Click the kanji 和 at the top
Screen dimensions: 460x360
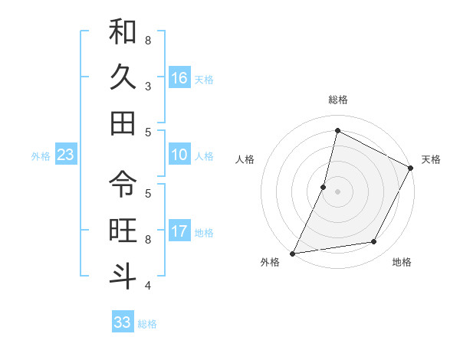tap(123, 33)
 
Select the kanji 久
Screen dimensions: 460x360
tap(123, 78)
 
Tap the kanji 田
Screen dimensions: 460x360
tap(123, 123)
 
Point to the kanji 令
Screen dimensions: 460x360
tap(123, 184)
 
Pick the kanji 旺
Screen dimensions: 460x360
tap(123, 230)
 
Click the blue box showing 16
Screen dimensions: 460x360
tap(179, 78)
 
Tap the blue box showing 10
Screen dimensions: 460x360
tap(179, 155)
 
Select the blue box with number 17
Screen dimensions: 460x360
tap(179, 231)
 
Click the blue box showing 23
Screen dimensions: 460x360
tap(66, 155)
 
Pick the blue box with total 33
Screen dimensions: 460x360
tap(123, 322)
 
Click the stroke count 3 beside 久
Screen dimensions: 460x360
tap(148, 86)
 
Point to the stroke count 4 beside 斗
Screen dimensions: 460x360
tap(148, 285)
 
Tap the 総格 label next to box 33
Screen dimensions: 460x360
tap(147, 324)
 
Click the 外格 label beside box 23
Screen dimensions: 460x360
tap(41, 156)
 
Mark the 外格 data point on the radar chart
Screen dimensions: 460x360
tap(293, 253)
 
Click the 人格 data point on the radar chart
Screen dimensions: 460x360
tap(324, 186)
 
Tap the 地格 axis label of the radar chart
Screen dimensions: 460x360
tap(402, 263)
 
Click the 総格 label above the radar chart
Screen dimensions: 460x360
tap(337, 100)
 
